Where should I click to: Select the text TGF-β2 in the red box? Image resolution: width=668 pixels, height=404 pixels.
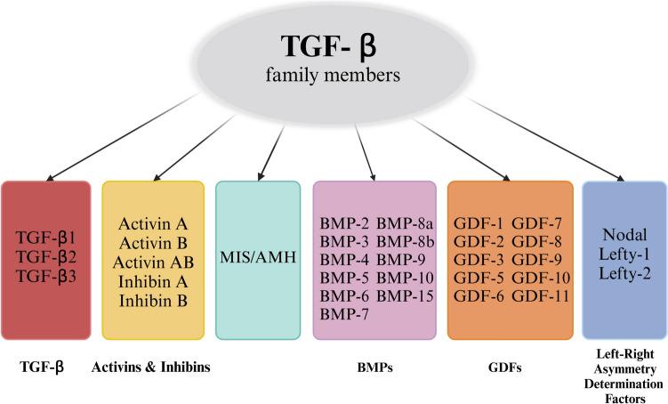(45, 256)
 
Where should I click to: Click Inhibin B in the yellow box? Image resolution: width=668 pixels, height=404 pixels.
(153, 301)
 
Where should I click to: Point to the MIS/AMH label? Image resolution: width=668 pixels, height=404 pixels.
(259, 258)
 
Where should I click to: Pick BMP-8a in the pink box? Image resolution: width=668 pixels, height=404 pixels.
(405, 222)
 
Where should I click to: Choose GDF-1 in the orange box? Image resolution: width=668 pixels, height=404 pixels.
(478, 222)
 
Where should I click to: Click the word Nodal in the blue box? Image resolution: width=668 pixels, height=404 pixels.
(624, 236)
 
